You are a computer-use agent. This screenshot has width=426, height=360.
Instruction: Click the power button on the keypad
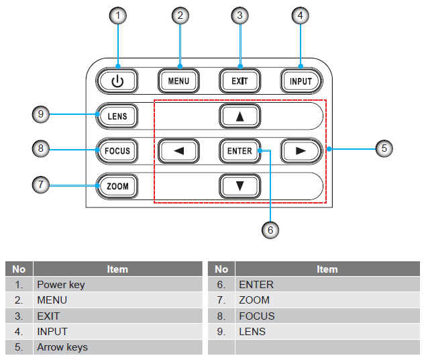point(118,81)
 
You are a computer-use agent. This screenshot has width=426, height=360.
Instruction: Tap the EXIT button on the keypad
point(239,81)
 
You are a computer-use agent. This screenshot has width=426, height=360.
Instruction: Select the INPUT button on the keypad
point(301,81)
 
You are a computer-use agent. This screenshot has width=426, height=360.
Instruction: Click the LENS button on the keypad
point(117,116)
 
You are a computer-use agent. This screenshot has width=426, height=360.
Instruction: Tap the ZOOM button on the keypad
point(117,185)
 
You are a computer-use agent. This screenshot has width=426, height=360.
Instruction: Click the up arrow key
point(239,116)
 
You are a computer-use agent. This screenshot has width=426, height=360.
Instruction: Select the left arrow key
point(178,150)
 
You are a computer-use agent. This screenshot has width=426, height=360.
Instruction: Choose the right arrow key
point(301,150)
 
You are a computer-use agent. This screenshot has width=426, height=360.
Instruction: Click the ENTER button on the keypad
point(239,150)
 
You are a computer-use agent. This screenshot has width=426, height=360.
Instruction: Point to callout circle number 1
point(118,15)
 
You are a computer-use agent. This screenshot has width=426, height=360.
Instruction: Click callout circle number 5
point(383,148)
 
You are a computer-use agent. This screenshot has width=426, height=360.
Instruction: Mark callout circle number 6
point(270,229)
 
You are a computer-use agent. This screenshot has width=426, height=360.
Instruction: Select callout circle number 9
point(41,115)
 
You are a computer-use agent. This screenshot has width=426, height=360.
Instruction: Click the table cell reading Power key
point(117,284)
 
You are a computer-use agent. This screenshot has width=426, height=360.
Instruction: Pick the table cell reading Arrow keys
point(117,347)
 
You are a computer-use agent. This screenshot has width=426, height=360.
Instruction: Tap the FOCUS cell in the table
point(327,316)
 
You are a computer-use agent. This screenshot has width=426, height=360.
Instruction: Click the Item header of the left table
point(117,269)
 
